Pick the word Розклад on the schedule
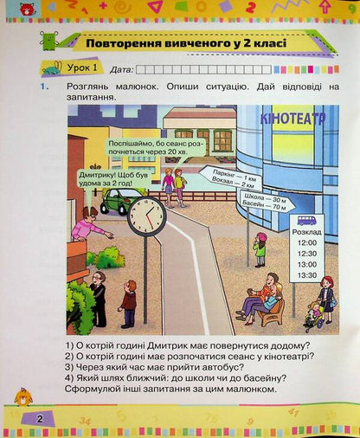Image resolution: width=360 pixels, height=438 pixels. point(307,233)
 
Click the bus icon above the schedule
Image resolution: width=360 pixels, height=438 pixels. point(307,220)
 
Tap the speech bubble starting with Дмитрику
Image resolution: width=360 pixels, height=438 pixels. point(81,177)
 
